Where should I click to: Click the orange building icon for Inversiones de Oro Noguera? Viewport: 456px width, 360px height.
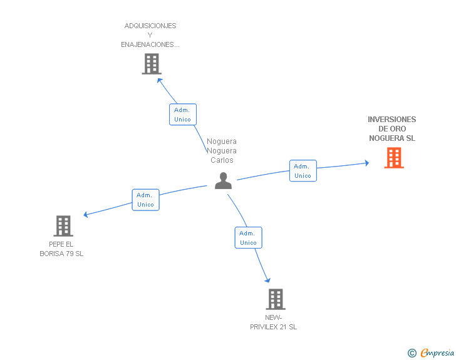[x=393, y=158]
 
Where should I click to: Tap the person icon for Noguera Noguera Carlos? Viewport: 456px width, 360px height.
[x=223, y=180]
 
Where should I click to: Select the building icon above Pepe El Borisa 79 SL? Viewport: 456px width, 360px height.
[x=63, y=225]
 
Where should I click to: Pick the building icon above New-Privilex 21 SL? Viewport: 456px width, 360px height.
[x=275, y=299]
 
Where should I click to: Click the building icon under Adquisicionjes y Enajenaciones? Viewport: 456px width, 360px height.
[x=151, y=64]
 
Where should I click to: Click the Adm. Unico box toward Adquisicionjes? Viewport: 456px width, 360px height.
[x=183, y=115]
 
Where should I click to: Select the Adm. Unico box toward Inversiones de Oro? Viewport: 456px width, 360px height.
[x=303, y=171]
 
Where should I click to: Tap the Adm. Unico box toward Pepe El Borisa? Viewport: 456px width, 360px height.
[x=145, y=200]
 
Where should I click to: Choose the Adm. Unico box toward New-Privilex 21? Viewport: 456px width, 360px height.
[x=248, y=238]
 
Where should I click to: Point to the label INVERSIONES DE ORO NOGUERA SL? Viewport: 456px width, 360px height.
[x=392, y=129]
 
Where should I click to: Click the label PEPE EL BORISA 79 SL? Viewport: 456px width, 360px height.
[x=61, y=249]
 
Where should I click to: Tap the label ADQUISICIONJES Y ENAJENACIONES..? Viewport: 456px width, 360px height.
[x=150, y=35]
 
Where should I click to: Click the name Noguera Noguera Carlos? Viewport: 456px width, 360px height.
[x=222, y=150]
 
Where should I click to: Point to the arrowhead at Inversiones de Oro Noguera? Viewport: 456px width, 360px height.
[x=366, y=163]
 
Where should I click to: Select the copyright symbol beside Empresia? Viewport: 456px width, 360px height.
[x=412, y=353]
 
